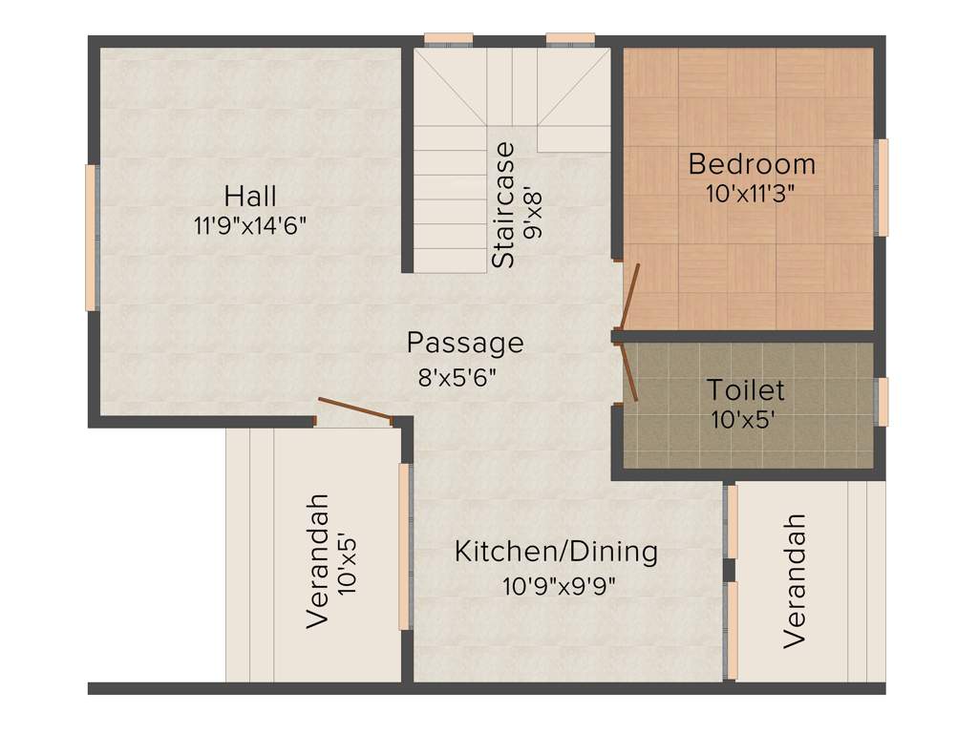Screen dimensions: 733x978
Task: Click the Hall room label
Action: coord(250,197)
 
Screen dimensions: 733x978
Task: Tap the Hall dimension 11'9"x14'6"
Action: coord(250,226)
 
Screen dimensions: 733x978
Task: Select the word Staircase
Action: coord(503,204)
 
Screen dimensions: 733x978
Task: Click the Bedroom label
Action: coord(752,164)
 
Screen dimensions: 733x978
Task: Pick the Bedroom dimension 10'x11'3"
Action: coord(752,192)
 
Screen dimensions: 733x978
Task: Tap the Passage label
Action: coord(465,342)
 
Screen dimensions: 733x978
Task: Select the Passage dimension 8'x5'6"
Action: coord(457,376)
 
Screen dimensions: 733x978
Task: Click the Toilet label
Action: coord(746,389)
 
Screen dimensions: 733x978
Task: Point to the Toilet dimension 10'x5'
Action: coord(746,419)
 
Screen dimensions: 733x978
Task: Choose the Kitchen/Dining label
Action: coord(556,552)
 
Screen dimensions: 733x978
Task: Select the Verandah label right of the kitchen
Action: coord(795,581)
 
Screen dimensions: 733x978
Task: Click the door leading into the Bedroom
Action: coord(629,296)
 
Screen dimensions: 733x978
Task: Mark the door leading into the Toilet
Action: coord(629,372)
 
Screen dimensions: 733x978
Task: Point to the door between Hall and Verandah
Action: coord(354,408)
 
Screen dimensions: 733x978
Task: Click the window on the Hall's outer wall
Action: coord(92,238)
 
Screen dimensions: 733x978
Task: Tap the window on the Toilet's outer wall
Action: coord(882,402)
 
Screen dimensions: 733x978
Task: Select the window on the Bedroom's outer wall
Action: coord(882,187)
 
